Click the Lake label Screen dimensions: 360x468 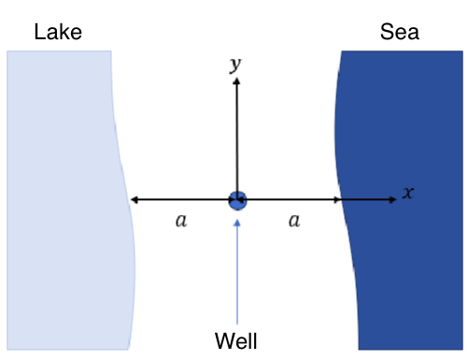[x=58, y=33]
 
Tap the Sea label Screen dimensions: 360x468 [x=400, y=33]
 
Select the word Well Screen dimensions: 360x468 [x=235, y=338]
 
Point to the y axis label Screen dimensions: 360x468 [x=235, y=64]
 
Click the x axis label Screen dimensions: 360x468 [x=407, y=193]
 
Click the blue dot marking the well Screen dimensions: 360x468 [x=237, y=199]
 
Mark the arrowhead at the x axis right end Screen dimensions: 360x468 [x=393, y=199]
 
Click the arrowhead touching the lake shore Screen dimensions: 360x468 [x=135, y=199]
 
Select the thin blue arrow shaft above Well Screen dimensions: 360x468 [x=237, y=271]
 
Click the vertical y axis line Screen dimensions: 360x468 [x=237, y=140]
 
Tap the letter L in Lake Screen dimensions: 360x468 [x=40, y=33]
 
